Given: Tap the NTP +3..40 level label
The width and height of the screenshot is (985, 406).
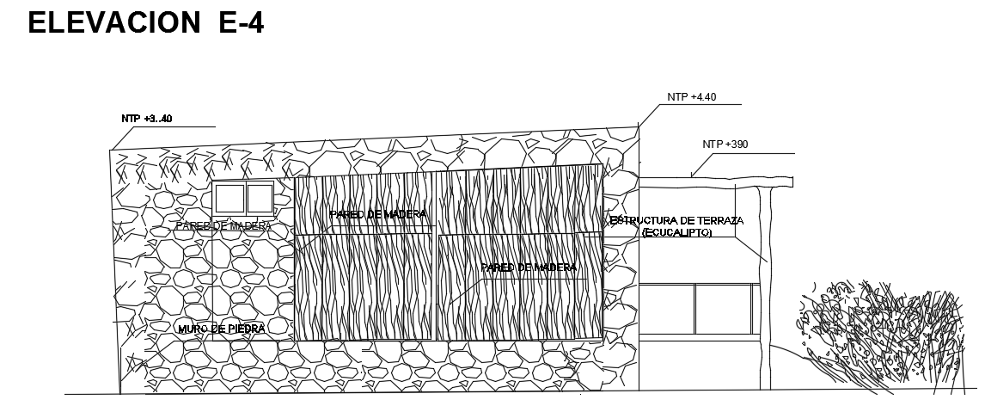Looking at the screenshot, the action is pos(147,119).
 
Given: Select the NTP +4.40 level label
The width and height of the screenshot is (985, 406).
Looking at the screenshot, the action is pos(691,97).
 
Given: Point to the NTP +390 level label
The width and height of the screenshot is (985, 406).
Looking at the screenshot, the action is pos(725,144).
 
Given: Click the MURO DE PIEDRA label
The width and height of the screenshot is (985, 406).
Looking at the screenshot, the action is pos(221,329).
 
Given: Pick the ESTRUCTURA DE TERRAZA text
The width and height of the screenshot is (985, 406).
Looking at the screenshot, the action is pos(676,221).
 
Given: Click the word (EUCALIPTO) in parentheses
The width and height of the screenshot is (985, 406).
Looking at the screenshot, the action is pos(676,232).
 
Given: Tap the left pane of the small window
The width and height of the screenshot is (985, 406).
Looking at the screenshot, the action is pos(229,199).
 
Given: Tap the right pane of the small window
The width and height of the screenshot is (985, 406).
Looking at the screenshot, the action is pos(260,199).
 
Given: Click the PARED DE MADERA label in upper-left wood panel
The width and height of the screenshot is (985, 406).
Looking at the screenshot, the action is pos(377,214).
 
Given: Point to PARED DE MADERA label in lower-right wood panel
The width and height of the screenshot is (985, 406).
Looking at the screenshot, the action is pos(529,268).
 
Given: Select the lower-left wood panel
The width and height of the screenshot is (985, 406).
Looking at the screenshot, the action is pos(365,288).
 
